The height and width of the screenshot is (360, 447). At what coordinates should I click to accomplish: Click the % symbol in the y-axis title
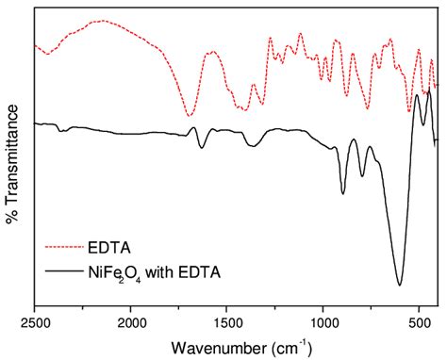pyautogui.click(x=12, y=218)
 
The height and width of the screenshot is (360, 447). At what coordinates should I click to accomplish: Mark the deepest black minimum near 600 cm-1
pyautogui.click(x=400, y=285)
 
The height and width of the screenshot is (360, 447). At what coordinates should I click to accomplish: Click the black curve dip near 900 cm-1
pyautogui.click(x=343, y=193)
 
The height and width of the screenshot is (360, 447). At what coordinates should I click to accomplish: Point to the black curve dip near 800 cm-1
pyautogui.click(x=362, y=176)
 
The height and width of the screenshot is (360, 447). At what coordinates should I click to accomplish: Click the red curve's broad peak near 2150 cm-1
pyautogui.click(x=102, y=21)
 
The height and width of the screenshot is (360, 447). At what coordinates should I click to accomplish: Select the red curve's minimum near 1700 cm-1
pyautogui.click(x=188, y=115)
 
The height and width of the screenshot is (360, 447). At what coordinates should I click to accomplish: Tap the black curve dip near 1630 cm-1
pyautogui.click(x=202, y=148)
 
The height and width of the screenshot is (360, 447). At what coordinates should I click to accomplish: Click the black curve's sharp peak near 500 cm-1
pyautogui.click(x=418, y=95)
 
